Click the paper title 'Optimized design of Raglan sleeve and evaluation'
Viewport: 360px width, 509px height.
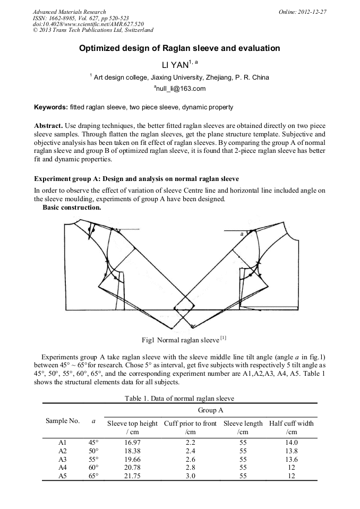point(179,48)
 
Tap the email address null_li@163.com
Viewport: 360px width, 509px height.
point(180,89)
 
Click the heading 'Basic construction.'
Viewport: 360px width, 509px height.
point(72,208)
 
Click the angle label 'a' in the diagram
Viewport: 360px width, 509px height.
point(242,234)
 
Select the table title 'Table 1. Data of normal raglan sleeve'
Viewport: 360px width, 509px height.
point(179,398)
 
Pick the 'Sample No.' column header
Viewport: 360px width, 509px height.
point(63,421)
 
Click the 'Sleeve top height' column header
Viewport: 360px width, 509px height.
point(132,423)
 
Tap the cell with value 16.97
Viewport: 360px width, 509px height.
point(133,442)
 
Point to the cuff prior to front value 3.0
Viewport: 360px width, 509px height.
point(190,476)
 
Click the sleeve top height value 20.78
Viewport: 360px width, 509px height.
point(133,468)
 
